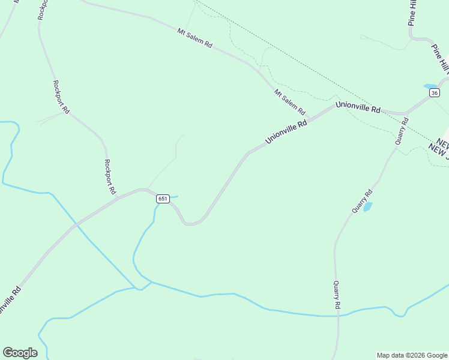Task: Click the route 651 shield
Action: pos(163,199)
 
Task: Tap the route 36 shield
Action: pos(435,92)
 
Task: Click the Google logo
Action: pos(20,353)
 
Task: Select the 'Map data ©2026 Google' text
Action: pos(412,355)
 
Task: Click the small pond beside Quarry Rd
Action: pos(367,207)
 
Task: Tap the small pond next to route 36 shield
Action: pos(430,86)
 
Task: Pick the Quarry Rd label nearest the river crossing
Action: pos(337,296)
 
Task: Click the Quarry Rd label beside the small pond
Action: pos(362,201)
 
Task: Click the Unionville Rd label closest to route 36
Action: pos(358,107)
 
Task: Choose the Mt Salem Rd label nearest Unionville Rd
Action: pos(290,102)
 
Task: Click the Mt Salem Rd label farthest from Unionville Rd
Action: pos(195,37)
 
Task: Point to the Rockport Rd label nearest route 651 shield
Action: pos(109,176)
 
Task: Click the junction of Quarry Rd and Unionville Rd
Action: pos(406,113)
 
